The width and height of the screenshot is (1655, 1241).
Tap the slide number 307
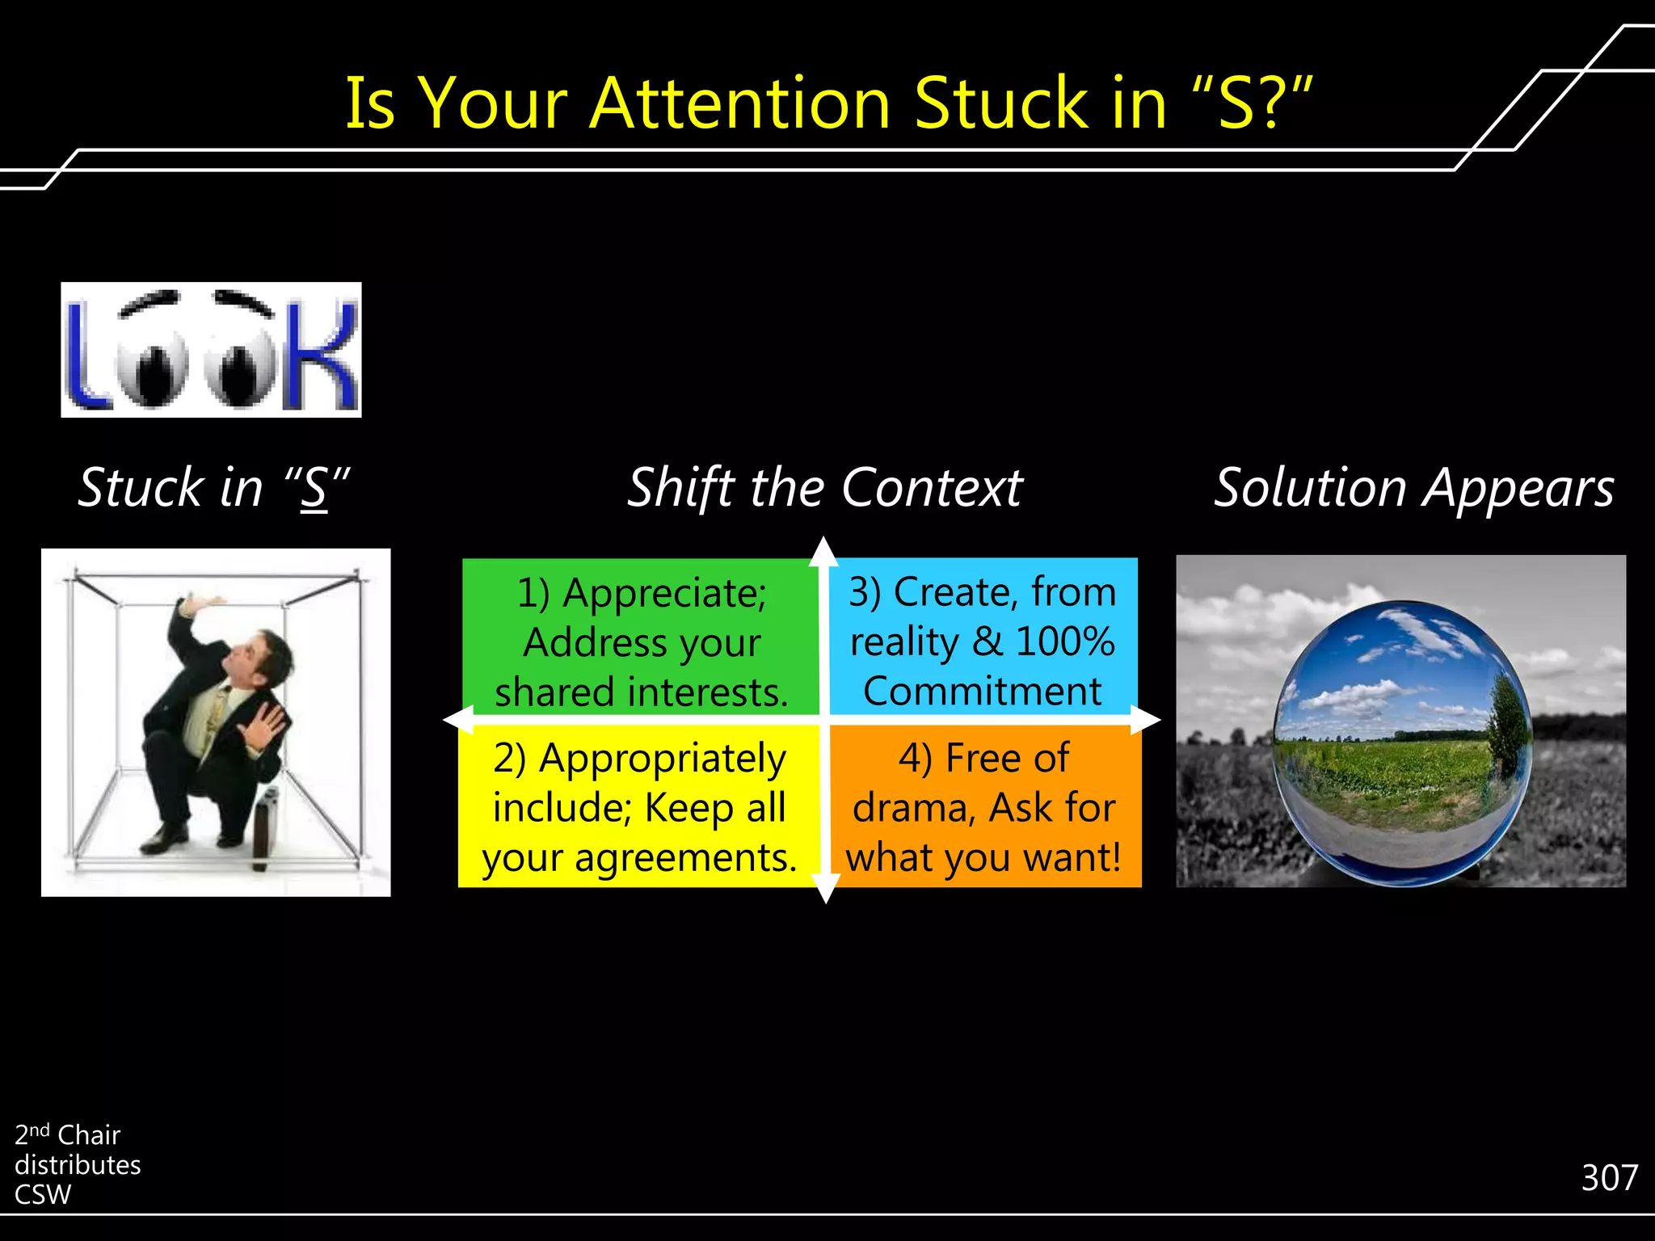1609,1178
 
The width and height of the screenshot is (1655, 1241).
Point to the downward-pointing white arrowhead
825,890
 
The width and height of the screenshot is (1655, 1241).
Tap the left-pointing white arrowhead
457,719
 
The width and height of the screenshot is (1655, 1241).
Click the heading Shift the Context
824,488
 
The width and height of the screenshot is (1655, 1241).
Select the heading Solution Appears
1414,488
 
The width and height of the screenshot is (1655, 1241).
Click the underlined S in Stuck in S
314,490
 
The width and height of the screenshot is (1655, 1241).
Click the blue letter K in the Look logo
323,355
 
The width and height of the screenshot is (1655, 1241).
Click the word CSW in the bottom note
43,1195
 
